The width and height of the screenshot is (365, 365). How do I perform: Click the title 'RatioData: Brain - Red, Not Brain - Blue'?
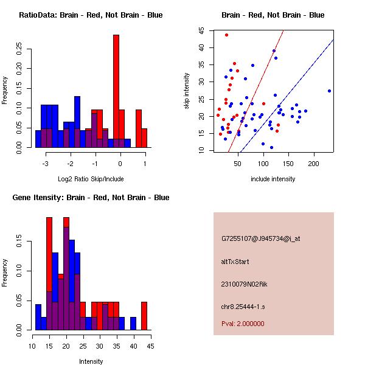click(x=91, y=15)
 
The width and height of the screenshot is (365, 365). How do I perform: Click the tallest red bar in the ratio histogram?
click(x=116, y=91)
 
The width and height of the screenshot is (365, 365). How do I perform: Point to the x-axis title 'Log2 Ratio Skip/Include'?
click(x=91, y=179)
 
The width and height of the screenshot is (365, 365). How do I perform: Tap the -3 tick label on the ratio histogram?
click(x=46, y=163)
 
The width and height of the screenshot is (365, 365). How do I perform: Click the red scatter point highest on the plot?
click(x=226, y=35)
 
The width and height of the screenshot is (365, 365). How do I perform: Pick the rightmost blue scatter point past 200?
click(x=329, y=91)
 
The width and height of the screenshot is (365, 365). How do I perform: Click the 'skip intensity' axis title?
click(x=187, y=91)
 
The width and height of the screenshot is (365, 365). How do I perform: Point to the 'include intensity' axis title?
click(x=273, y=179)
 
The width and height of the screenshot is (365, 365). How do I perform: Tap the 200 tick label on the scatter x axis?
click(x=314, y=163)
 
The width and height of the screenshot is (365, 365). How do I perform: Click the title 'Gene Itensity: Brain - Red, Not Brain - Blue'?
click(x=91, y=198)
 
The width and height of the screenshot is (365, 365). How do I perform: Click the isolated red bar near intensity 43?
click(x=144, y=316)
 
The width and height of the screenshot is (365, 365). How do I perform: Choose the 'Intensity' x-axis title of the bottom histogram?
click(x=91, y=361)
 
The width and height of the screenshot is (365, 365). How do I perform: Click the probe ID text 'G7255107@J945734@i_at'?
click(x=260, y=238)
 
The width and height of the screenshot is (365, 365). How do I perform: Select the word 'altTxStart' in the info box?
click(x=235, y=262)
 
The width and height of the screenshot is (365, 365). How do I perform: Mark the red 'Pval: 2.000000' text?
click(x=243, y=324)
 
